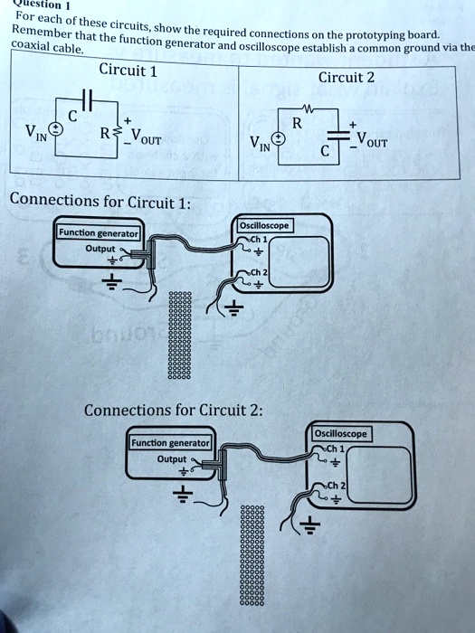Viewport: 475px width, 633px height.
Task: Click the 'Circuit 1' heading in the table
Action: (x=128, y=70)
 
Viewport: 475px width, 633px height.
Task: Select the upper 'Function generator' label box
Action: (x=98, y=233)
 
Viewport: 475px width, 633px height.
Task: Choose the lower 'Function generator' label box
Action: (x=170, y=443)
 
